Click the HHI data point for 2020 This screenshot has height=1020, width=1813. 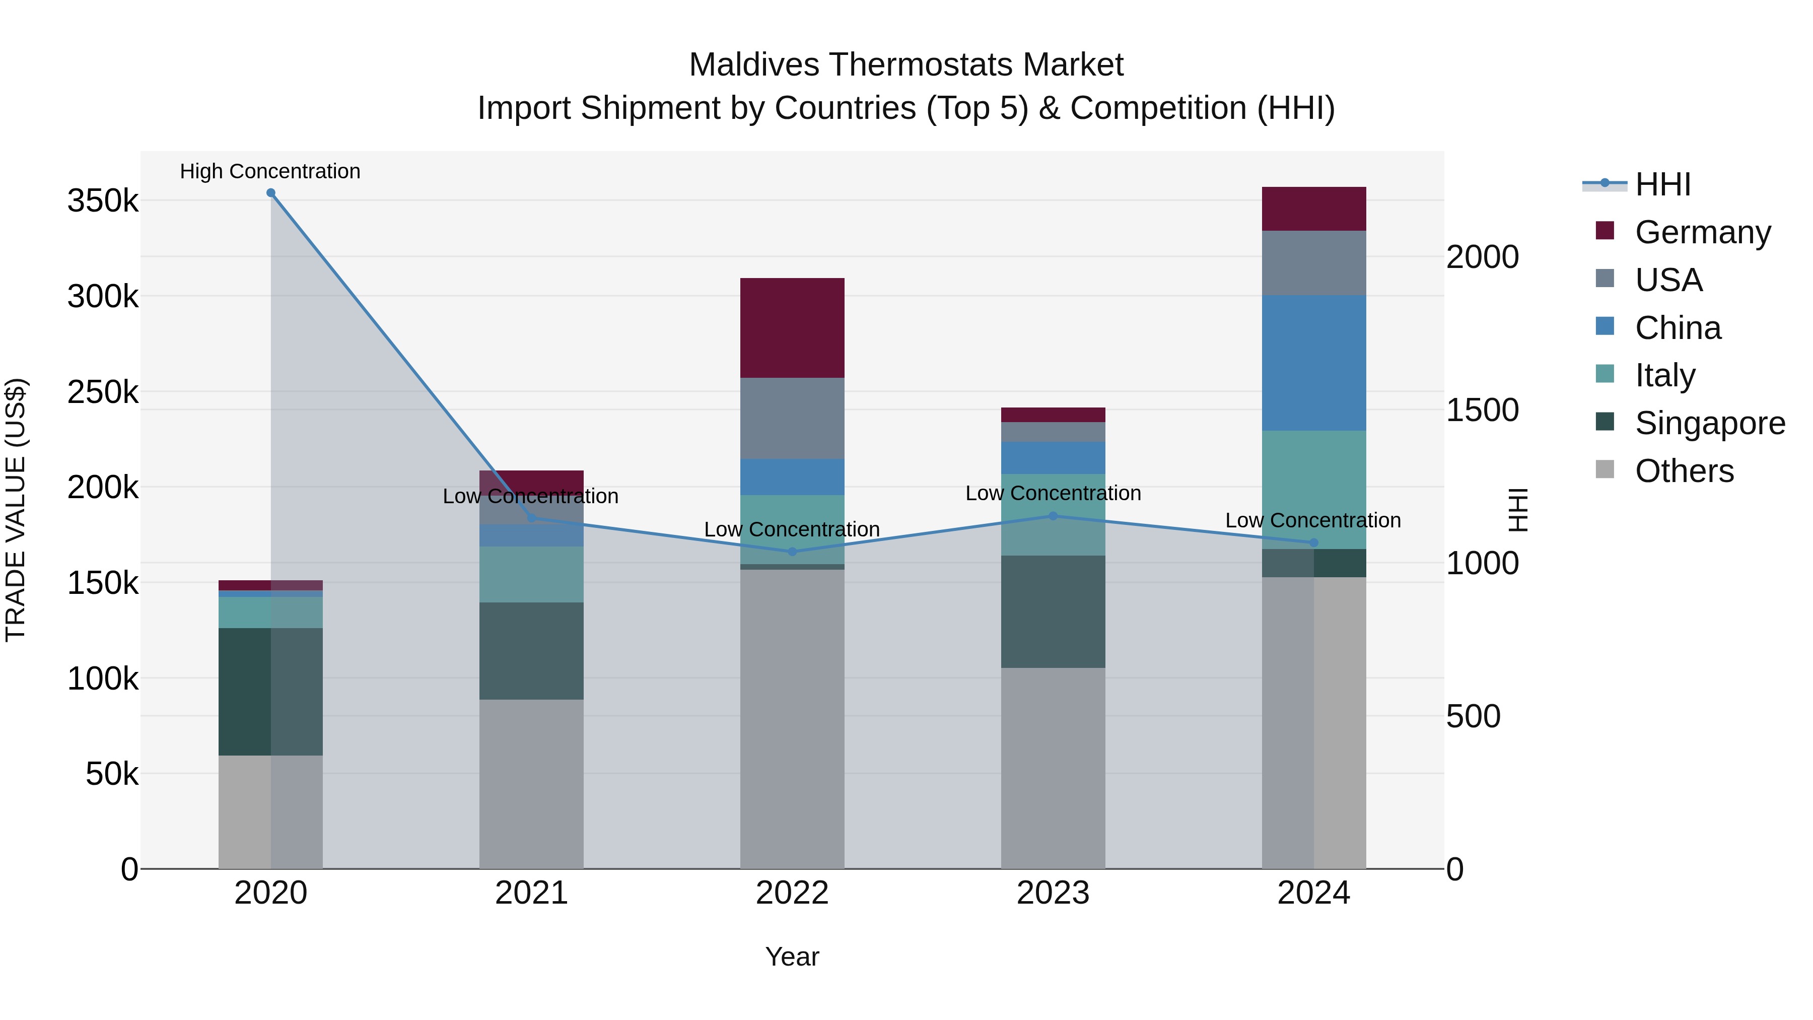tap(271, 193)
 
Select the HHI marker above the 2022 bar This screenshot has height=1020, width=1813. tap(793, 552)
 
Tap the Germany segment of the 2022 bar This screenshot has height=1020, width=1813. tap(793, 328)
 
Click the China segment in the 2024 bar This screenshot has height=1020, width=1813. tap(1314, 363)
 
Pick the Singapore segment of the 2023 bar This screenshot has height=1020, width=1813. tap(1053, 611)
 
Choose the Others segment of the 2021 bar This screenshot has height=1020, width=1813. tap(531, 783)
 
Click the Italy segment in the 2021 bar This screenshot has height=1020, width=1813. tap(531, 574)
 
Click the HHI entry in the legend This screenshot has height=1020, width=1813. tap(1662, 184)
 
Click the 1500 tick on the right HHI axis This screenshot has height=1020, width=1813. tap(1482, 411)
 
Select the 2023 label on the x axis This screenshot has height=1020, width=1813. tap(1053, 893)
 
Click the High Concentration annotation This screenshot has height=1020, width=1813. tap(270, 171)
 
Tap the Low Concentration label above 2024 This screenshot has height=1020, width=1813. tap(1313, 520)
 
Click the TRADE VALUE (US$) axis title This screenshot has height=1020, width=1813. tap(16, 510)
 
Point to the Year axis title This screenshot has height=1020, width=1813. tap(793, 957)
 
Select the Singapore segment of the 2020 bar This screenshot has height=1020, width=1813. tap(271, 691)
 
